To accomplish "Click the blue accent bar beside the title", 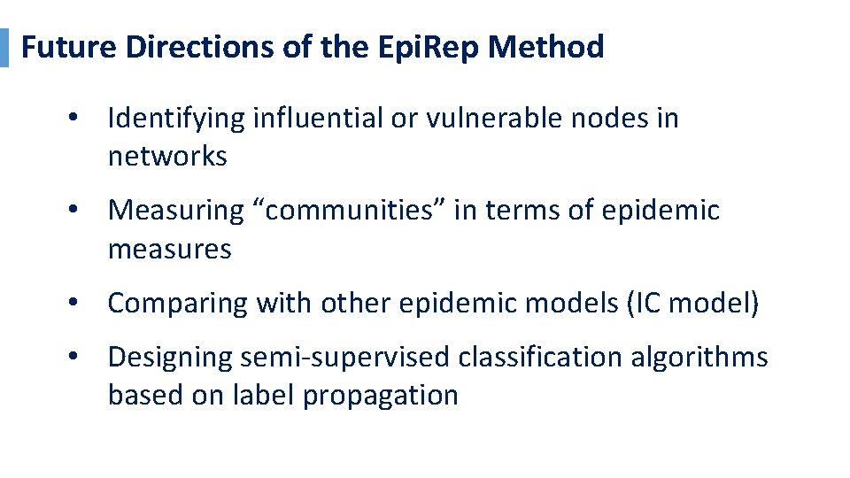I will coord(4,47).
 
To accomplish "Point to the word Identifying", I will coord(176,118).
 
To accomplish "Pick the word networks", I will coord(167,157).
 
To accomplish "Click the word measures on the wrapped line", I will coord(169,250).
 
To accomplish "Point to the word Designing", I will coord(170,358).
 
